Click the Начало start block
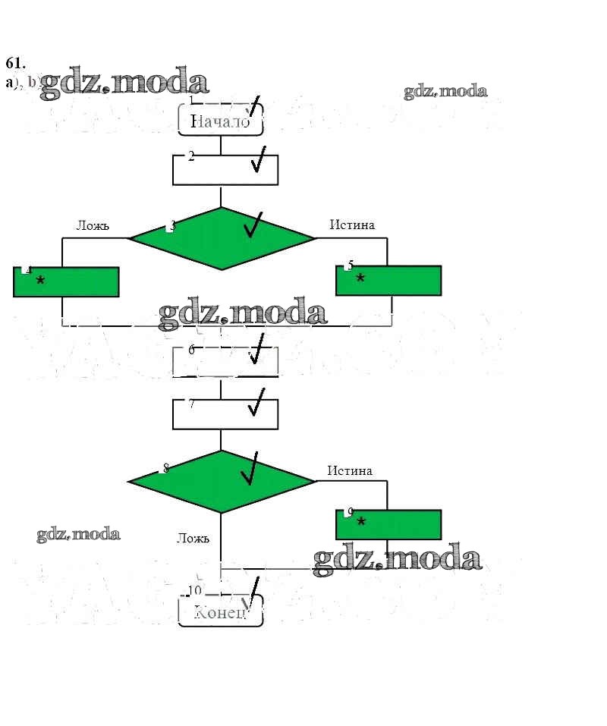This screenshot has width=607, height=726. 220,120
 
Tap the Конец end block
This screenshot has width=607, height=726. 220,611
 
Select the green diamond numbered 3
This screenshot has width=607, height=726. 222,238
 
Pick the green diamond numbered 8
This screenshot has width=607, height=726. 222,481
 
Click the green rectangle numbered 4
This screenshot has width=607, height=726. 66,281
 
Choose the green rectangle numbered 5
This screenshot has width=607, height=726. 388,280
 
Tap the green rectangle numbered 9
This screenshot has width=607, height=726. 388,524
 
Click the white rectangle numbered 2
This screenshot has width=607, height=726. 225,170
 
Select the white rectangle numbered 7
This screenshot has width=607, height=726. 225,414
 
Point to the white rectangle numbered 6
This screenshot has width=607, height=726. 225,361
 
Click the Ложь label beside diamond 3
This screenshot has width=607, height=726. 93,225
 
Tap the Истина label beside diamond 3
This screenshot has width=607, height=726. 352,225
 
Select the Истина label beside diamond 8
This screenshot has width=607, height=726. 350,470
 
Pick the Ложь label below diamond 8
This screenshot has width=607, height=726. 193,539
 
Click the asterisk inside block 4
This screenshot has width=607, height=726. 40,281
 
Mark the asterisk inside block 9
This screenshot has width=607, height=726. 361,523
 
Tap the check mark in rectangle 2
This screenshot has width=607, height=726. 259,160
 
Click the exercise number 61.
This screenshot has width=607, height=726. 15,63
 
